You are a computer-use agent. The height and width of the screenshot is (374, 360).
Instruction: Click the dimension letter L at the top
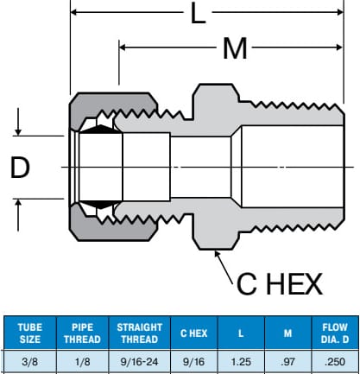coord(198,13)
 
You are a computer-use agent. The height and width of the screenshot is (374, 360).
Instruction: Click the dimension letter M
coord(235,48)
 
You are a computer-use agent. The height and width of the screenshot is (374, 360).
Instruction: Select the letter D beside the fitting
coord(20,167)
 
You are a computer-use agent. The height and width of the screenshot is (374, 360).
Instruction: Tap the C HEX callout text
coord(279,284)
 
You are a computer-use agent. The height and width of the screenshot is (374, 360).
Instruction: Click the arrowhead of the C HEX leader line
coord(217,254)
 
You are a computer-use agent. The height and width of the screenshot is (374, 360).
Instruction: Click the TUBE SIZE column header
coord(30,333)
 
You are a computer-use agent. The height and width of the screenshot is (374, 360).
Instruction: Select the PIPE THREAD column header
coord(82,333)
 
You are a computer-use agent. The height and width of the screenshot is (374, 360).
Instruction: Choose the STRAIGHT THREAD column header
coord(140,333)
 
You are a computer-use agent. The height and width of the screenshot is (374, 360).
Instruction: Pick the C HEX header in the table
coord(194,333)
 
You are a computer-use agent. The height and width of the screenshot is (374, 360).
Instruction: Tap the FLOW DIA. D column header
coord(335,333)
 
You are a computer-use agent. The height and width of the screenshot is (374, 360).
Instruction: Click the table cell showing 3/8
coord(29,362)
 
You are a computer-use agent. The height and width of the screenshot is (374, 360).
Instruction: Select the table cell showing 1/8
coord(82,362)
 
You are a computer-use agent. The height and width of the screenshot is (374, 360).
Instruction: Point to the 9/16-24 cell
coord(140,362)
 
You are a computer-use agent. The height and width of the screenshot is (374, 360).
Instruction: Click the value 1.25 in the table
coord(241,362)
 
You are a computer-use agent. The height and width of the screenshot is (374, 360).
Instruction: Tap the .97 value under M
coord(287,362)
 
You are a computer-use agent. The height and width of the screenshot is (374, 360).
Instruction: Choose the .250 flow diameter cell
coord(335,362)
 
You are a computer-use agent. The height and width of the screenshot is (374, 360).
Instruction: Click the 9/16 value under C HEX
coord(194,362)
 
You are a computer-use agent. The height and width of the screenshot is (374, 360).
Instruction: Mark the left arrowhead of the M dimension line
coord(123,48)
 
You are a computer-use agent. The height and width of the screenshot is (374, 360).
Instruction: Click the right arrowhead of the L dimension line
coord(340,12)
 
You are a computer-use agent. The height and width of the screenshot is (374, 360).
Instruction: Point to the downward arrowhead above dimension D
coord(18,132)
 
